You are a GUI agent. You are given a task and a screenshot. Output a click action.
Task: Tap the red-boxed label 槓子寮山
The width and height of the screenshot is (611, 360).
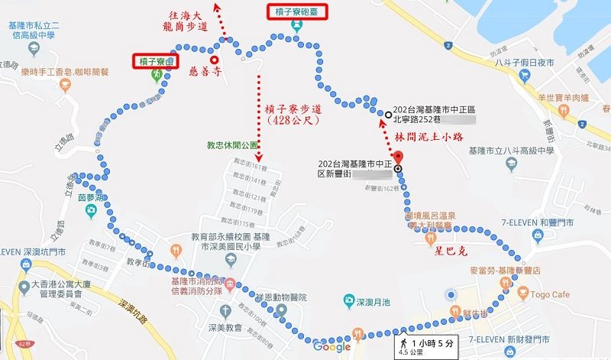tap(159, 60)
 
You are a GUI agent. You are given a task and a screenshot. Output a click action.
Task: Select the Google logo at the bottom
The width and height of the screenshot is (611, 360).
tap(331, 347)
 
